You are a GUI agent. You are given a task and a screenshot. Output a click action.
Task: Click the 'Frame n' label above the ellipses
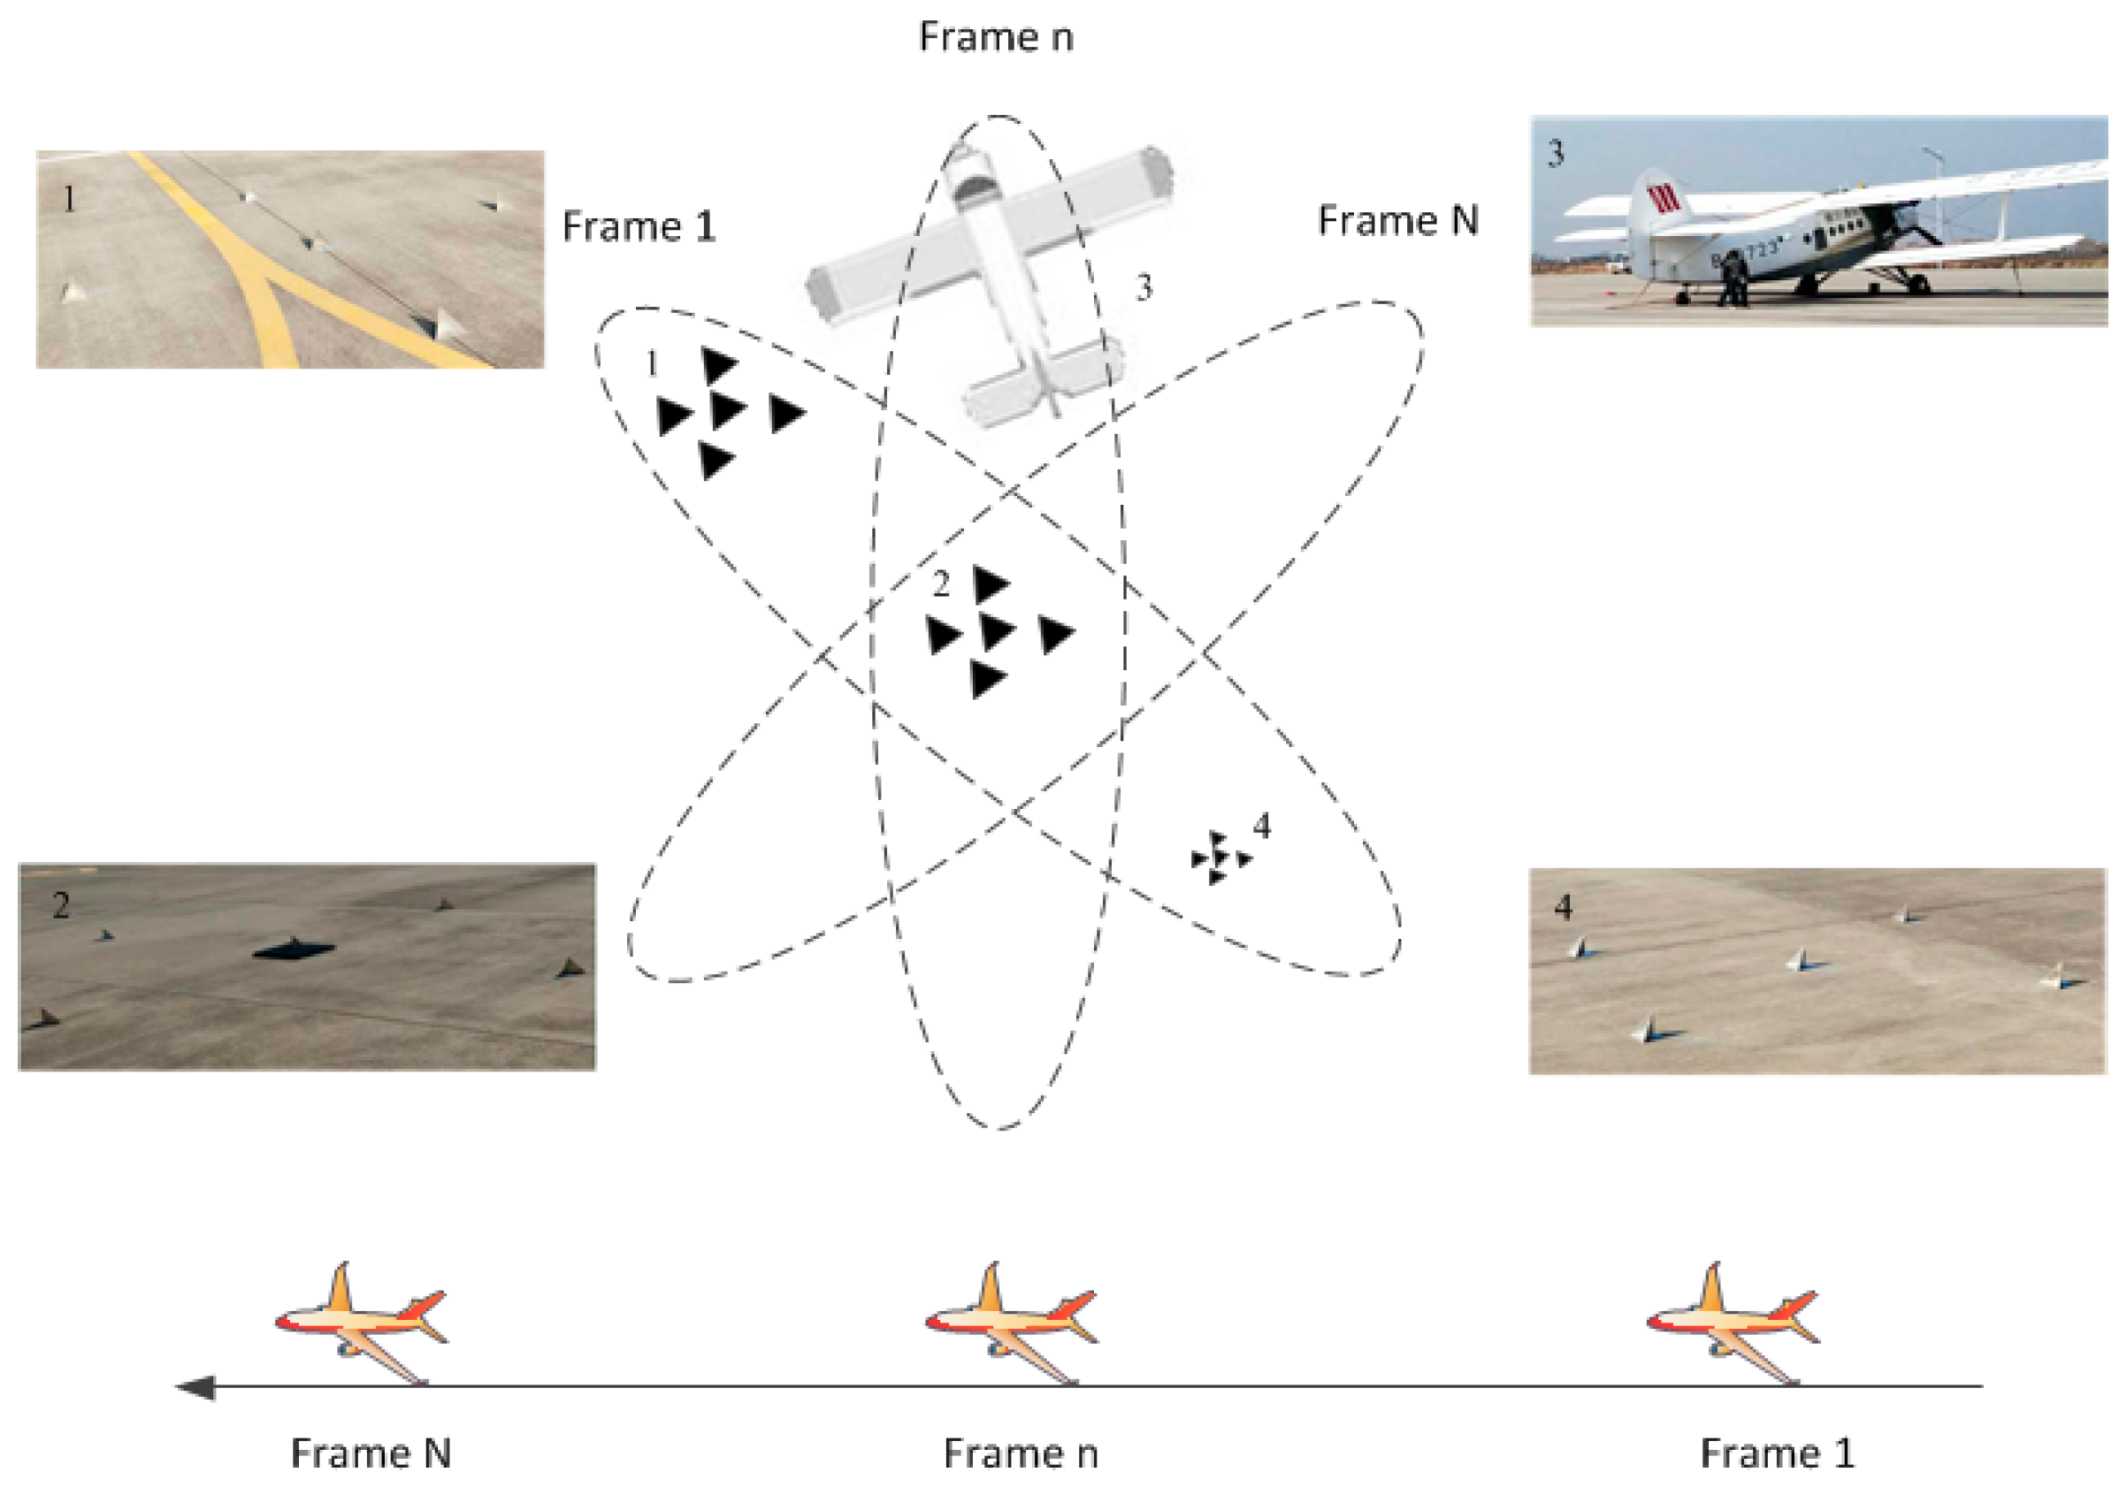(x=996, y=37)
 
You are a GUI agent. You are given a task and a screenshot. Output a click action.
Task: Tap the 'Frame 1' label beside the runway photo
(x=639, y=227)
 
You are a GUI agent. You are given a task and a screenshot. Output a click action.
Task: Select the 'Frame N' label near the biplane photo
(x=1397, y=221)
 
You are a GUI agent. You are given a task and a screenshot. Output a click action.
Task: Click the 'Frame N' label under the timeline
(x=371, y=1453)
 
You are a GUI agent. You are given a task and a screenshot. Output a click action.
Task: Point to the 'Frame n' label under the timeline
(x=1021, y=1453)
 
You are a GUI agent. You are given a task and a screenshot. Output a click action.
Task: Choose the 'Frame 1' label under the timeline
(x=1777, y=1453)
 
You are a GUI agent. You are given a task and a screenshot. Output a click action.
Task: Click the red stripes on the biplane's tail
(x=1663, y=198)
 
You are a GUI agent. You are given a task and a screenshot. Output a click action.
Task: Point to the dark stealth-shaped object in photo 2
(x=293, y=949)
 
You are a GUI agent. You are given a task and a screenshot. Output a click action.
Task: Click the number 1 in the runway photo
(x=70, y=198)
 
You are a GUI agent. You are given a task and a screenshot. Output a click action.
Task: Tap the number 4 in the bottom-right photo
(x=1563, y=907)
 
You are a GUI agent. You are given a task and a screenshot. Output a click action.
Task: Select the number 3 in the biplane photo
(x=1557, y=153)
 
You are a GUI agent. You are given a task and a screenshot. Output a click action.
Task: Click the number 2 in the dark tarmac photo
(x=60, y=905)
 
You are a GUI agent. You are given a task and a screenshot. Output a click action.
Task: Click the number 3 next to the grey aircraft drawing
(x=1144, y=287)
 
